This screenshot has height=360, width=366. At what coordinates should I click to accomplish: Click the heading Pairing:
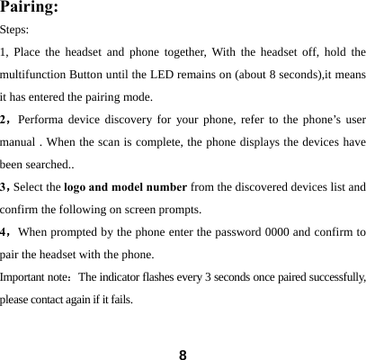(x=31, y=9)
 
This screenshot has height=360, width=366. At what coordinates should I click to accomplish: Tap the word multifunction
(x=36, y=74)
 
